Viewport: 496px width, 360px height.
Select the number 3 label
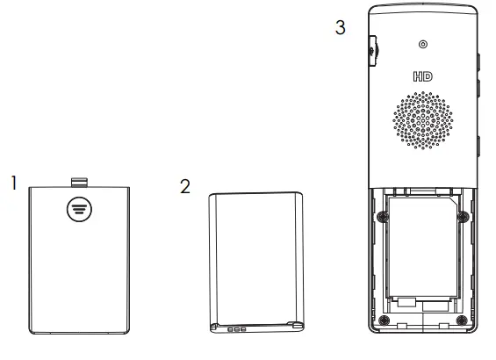pyautogui.click(x=341, y=27)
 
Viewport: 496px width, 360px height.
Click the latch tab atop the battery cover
pyautogui.click(x=80, y=182)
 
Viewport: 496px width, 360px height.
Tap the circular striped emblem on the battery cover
pyautogui.click(x=80, y=208)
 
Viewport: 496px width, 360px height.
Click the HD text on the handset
pyautogui.click(x=422, y=77)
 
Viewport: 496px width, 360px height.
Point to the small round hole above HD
pyautogui.click(x=422, y=46)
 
